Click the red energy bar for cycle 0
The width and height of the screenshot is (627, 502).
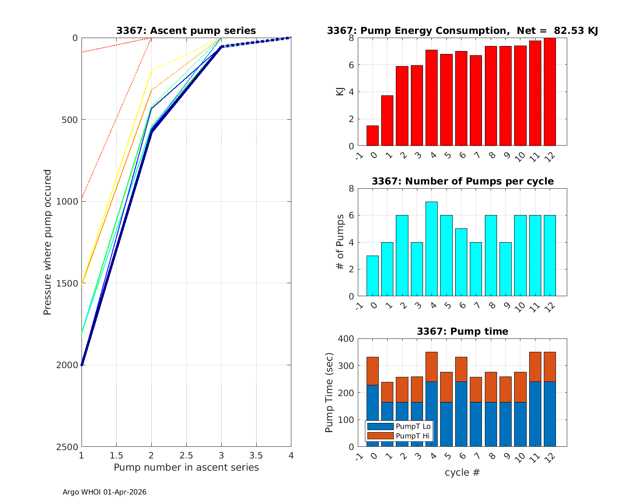(372, 136)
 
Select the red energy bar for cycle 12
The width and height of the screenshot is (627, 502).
(550, 92)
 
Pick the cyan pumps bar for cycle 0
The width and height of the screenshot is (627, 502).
(372, 276)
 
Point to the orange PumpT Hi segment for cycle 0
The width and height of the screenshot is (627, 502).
(372, 371)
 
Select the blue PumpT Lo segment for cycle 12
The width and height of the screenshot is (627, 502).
(550, 414)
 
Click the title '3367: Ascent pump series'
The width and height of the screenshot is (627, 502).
(186, 31)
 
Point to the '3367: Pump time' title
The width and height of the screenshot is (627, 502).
(462, 331)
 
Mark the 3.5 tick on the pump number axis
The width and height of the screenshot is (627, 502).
(256, 455)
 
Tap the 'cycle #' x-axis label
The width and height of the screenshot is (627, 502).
(462, 473)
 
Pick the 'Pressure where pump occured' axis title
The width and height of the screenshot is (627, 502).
(48, 242)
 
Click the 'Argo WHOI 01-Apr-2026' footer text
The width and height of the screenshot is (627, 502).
(104, 492)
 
